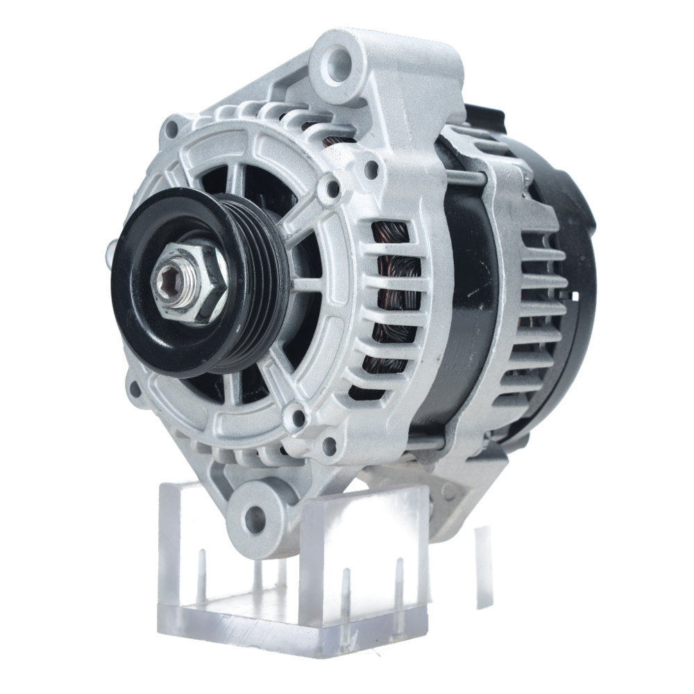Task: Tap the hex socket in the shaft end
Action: [169, 282]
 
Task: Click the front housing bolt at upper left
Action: [170, 128]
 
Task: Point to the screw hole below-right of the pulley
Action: [298, 417]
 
